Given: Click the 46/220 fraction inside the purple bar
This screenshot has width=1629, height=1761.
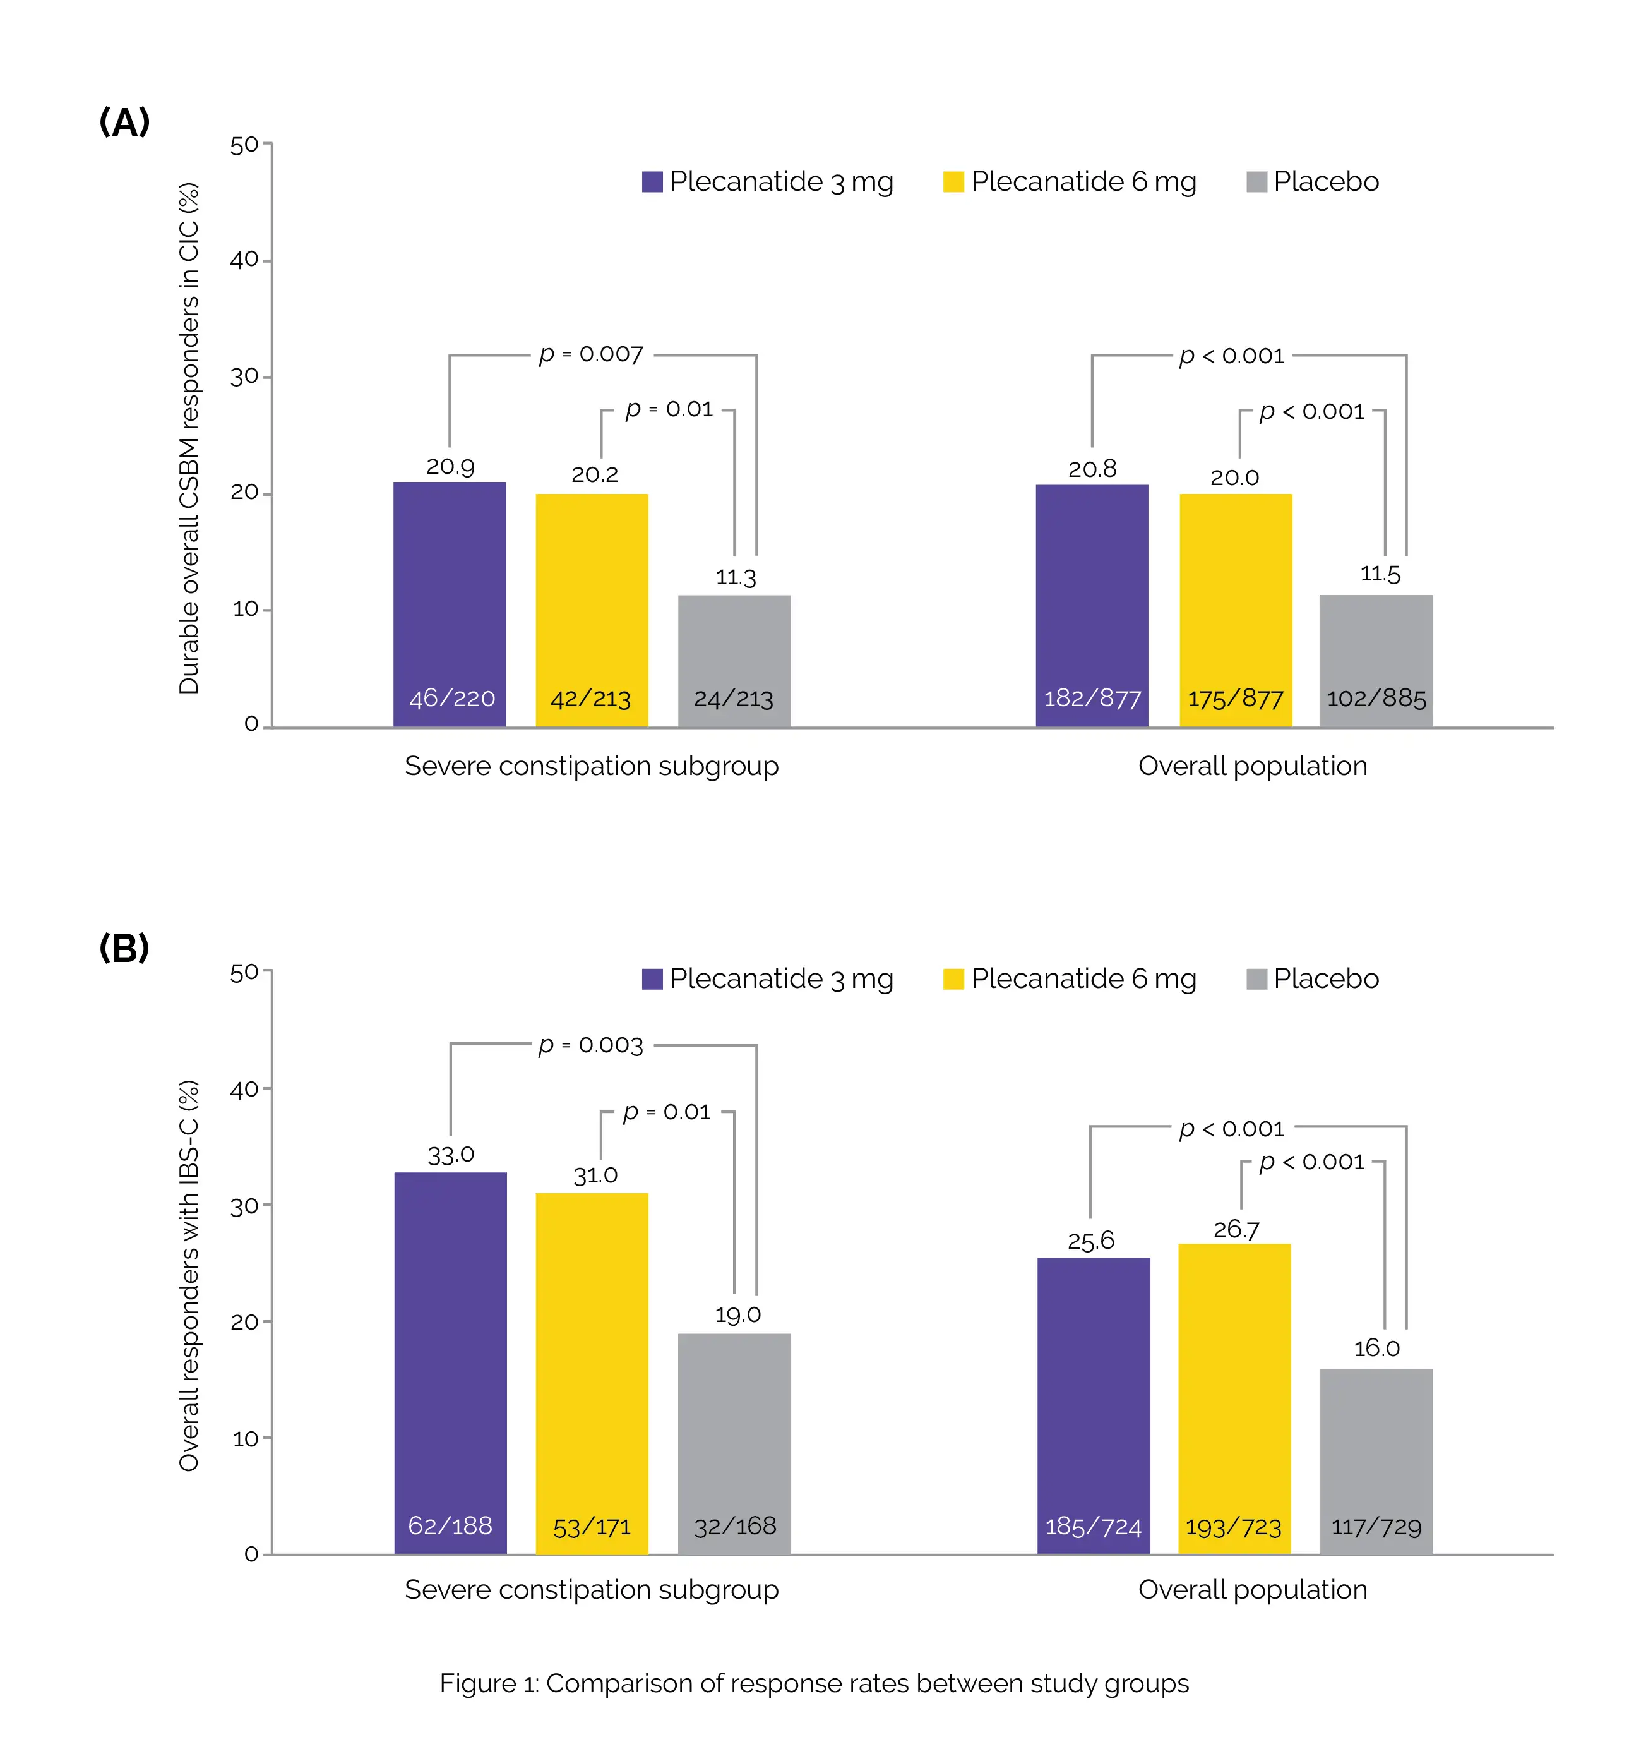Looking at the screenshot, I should tap(452, 699).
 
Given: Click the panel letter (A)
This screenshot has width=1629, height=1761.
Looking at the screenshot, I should tap(124, 122).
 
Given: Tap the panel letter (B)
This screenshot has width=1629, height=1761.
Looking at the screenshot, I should tap(124, 948).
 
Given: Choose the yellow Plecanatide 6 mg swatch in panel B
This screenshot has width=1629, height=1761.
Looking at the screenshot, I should tap(953, 979).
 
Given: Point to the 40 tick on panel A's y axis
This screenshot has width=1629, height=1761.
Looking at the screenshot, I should tap(244, 260).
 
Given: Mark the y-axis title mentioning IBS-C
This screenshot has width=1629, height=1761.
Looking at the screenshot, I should tap(189, 1275).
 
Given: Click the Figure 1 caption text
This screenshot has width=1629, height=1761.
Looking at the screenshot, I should tap(814, 1683).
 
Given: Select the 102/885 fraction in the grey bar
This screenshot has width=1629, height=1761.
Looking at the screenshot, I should tap(1376, 699).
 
